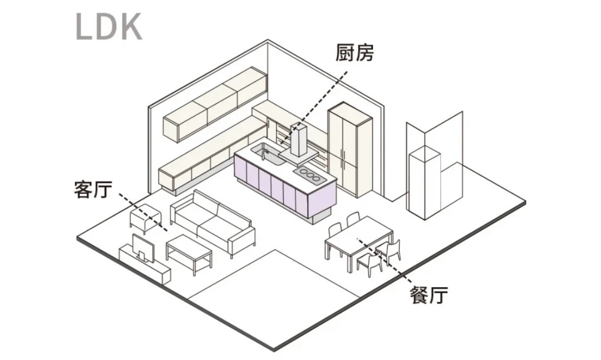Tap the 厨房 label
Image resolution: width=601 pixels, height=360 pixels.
[354, 53]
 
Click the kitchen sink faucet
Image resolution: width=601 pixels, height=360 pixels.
[265, 152]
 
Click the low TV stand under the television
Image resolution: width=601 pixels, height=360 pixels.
[147, 267]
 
